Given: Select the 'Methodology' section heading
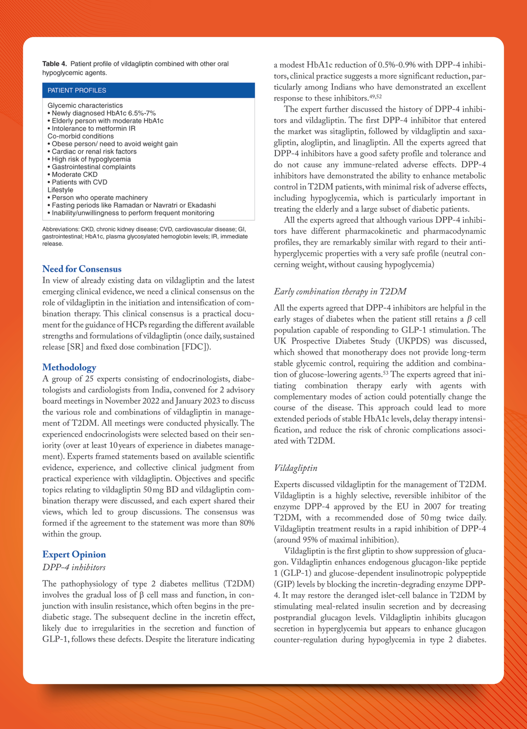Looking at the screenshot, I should (x=69, y=367).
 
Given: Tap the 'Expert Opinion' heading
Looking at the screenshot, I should (x=74, y=554).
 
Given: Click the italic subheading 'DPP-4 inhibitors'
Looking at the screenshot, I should (x=74, y=567).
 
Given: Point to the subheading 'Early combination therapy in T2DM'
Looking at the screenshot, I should (x=340, y=292).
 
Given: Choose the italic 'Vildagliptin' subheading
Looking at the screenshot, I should (x=295, y=468).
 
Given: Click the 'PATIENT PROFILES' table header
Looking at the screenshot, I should (x=77, y=90).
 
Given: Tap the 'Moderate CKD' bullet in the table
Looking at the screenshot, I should (x=74, y=175).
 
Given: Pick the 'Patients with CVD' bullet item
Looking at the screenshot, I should (x=79, y=182).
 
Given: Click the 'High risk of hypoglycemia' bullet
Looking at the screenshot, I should (x=91, y=159).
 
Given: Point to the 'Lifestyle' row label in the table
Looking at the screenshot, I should (x=60, y=190).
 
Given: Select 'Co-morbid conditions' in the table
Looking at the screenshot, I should (x=81, y=136).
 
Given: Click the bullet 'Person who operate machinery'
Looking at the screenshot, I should (x=100, y=198).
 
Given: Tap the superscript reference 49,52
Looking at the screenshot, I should (x=375, y=96).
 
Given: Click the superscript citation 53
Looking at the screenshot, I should (x=385, y=373).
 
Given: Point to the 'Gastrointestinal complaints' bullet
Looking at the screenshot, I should (x=93, y=167).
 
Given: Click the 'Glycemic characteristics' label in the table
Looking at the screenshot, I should (x=85, y=105).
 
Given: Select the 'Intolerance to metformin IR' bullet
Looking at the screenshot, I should (x=93, y=129).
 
